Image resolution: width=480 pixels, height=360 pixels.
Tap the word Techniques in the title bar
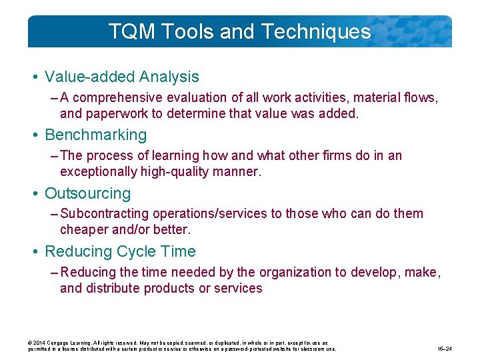pyautogui.click(x=316, y=31)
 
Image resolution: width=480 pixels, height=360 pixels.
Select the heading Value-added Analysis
pyautogui.click(x=122, y=77)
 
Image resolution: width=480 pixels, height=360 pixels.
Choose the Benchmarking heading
pyautogui.click(x=95, y=135)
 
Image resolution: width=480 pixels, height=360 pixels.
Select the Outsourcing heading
pyautogui.click(x=87, y=193)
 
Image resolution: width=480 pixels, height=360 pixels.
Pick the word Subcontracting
pyautogui.click(x=105, y=213)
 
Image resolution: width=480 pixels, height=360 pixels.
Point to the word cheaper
pyautogui.click(x=82, y=229)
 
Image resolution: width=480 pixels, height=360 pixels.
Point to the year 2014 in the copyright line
pyautogui.click(x=41, y=343)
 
